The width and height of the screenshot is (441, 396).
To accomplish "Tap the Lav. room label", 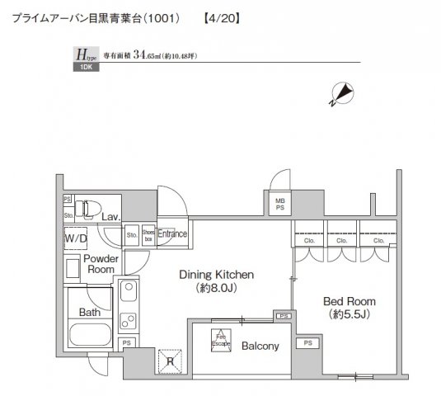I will coord(111,217).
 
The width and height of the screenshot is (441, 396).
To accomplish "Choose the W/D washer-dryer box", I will coord(76,238).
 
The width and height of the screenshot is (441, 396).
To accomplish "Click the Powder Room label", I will coord(100,263).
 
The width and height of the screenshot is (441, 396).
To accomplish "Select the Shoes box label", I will coord(148,235).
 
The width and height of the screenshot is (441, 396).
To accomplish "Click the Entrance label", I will coord(172,234).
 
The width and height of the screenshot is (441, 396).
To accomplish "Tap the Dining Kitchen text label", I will coord(218,275).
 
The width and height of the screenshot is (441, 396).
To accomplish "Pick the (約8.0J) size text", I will coord(218,290).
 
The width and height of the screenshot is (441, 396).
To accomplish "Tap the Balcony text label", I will coord(260,346).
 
